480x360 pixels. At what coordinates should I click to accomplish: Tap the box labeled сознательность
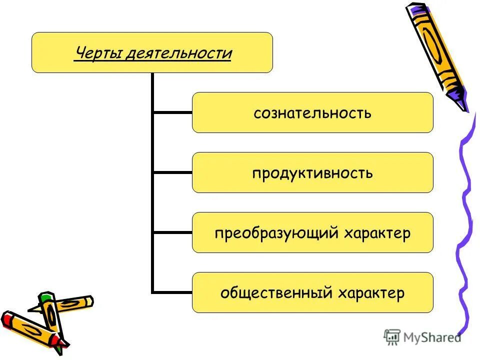click(312, 112)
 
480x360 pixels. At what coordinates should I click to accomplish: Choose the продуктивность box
click(312, 172)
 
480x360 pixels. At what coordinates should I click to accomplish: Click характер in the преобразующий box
click(377, 233)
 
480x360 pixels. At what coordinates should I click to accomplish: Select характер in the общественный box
click(371, 293)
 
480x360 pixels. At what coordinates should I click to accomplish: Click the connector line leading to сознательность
click(172, 112)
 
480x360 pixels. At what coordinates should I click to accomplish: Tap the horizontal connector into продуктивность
click(172, 172)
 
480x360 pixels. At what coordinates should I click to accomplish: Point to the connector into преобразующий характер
click(172, 232)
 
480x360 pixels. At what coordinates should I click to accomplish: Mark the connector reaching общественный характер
click(172, 292)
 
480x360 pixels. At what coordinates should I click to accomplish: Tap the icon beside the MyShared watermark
click(392, 337)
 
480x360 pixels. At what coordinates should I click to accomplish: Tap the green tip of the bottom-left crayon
click(46, 298)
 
